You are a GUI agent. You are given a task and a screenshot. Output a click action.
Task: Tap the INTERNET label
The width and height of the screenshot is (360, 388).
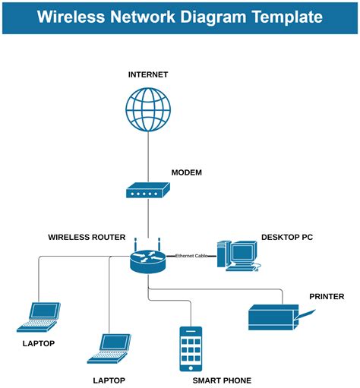148,74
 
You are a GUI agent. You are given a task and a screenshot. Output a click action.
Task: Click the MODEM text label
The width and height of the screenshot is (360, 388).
187,172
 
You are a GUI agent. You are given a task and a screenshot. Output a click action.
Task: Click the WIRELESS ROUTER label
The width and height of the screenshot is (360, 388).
87,237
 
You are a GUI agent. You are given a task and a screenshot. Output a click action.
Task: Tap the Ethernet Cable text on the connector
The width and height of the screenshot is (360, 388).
191,256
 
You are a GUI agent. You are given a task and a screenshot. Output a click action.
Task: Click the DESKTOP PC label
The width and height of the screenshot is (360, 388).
287,237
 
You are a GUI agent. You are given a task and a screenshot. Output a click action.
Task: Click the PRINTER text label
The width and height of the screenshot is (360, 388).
327,296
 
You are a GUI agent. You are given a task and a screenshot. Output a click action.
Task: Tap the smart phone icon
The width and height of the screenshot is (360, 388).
191,348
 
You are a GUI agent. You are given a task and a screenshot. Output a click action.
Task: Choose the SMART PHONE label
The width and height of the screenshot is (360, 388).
222,380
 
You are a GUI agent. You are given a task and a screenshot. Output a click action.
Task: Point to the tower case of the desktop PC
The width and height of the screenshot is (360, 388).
223,254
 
